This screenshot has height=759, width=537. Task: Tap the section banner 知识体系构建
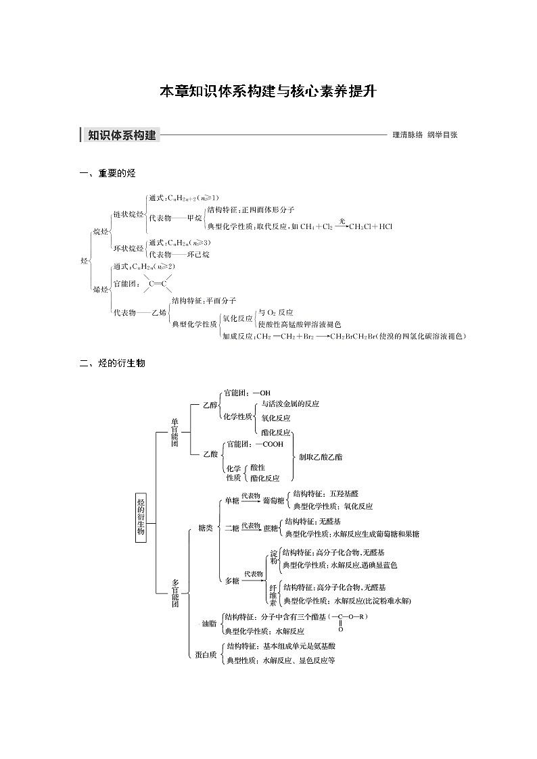pos(122,135)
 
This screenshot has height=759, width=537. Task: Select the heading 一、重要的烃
pos(108,174)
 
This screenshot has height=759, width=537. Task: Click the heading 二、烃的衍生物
pos(112,364)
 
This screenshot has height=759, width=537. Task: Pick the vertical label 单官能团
pos(175,433)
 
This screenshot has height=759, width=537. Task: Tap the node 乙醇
pos(211,405)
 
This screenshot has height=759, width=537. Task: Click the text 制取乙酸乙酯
pos(321,458)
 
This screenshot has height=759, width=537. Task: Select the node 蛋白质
pos(205,654)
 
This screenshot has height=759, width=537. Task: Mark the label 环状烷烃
pos(128,248)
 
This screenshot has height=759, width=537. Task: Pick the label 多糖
pos(231,581)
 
